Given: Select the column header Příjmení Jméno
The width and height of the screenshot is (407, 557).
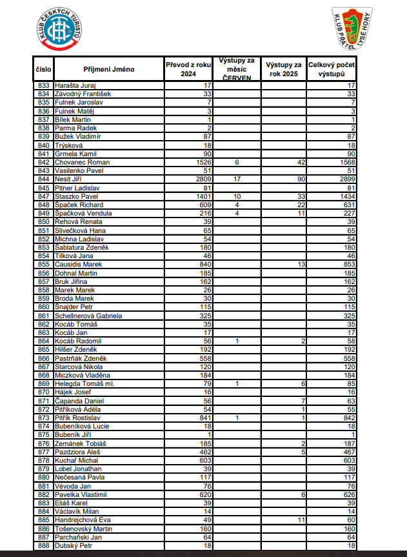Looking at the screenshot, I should coord(108,69).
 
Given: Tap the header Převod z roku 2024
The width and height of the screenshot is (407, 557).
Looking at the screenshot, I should coord(188,69).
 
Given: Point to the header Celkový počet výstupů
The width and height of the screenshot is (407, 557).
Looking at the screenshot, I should coord(332,69).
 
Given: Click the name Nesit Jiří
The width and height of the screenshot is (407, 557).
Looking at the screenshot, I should coord(69,179).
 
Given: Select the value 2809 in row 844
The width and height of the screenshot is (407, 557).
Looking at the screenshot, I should coord(204,179).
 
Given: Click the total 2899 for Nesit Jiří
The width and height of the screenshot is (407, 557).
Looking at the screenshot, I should coord(346,179).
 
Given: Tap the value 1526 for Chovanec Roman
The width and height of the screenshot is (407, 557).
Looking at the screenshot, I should coord(204,162).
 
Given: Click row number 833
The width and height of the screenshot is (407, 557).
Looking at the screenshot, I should coord(44,85).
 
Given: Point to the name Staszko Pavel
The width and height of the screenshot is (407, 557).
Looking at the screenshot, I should coord(76,196).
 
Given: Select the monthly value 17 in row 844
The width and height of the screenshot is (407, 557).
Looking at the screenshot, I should coord(237,179).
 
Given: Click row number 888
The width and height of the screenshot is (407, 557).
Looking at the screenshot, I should coord(44,545).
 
